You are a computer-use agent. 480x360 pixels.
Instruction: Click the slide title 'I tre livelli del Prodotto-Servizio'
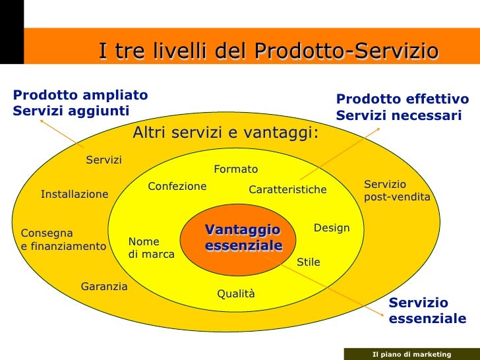tap(268, 51)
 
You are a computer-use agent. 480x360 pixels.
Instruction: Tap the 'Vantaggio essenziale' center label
tap(243, 238)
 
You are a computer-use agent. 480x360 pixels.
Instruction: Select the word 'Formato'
tap(235, 169)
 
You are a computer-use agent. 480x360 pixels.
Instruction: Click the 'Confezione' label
tap(177, 187)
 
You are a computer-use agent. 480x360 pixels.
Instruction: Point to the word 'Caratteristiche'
tap(287, 190)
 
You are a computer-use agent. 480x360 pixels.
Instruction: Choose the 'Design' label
tap(331, 228)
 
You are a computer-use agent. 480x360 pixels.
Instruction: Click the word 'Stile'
tap(308, 262)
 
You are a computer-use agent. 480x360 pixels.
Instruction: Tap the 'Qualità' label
tap(236, 294)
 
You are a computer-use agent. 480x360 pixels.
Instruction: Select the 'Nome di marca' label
tap(151, 248)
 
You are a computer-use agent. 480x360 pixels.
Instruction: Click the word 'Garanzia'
tap(104, 286)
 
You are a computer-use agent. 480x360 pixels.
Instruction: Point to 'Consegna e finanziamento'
tap(63, 240)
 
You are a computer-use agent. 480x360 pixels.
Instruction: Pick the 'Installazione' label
tap(75, 195)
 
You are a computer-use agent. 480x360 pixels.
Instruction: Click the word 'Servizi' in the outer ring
tap(104, 160)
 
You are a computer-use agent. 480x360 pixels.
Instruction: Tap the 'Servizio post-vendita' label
tap(397, 191)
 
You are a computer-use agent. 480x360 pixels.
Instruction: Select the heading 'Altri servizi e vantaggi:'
tap(225, 133)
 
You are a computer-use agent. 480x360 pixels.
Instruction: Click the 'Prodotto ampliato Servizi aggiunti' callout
tap(80, 102)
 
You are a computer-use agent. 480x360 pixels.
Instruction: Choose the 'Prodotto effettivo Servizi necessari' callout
tap(402, 107)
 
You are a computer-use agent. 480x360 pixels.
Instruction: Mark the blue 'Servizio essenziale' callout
tap(427, 311)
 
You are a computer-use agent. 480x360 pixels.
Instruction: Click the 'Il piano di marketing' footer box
tap(411, 354)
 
